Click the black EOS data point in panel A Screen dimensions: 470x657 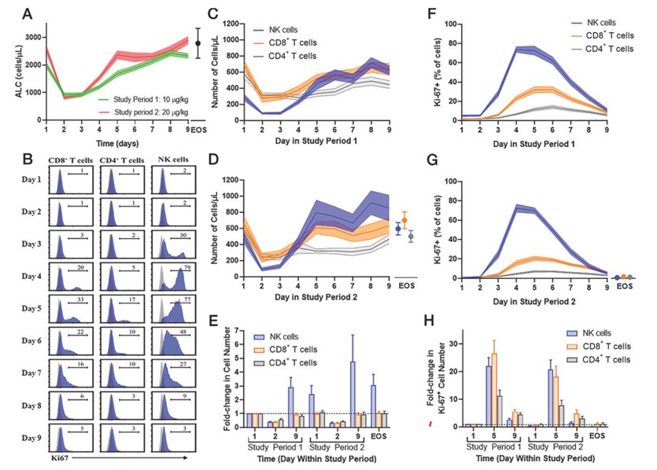(198, 43)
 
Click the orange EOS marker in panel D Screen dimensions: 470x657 (405, 219)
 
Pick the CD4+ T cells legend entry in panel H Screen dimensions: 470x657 (601, 359)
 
